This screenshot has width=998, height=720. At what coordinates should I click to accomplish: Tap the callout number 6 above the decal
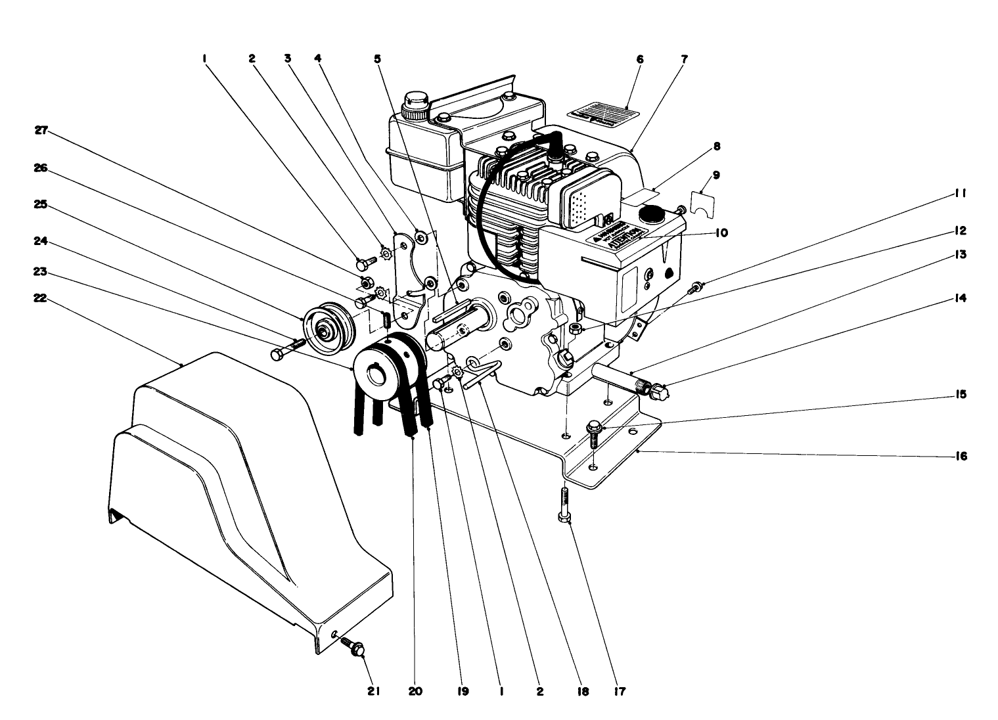(x=640, y=59)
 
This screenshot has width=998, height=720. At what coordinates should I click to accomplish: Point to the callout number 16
(x=961, y=456)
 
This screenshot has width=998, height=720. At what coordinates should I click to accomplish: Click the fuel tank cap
(x=416, y=104)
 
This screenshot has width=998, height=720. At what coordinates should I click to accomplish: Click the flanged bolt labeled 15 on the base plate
(x=594, y=434)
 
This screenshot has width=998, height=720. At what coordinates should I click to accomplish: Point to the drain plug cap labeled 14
(x=659, y=392)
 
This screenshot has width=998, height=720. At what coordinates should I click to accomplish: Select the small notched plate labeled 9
(x=704, y=202)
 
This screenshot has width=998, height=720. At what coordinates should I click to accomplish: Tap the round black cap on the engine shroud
(x=653, y=214)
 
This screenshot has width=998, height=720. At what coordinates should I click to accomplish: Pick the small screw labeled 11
(x=694, y=287)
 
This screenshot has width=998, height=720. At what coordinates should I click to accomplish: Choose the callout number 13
(x=961, y=254)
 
